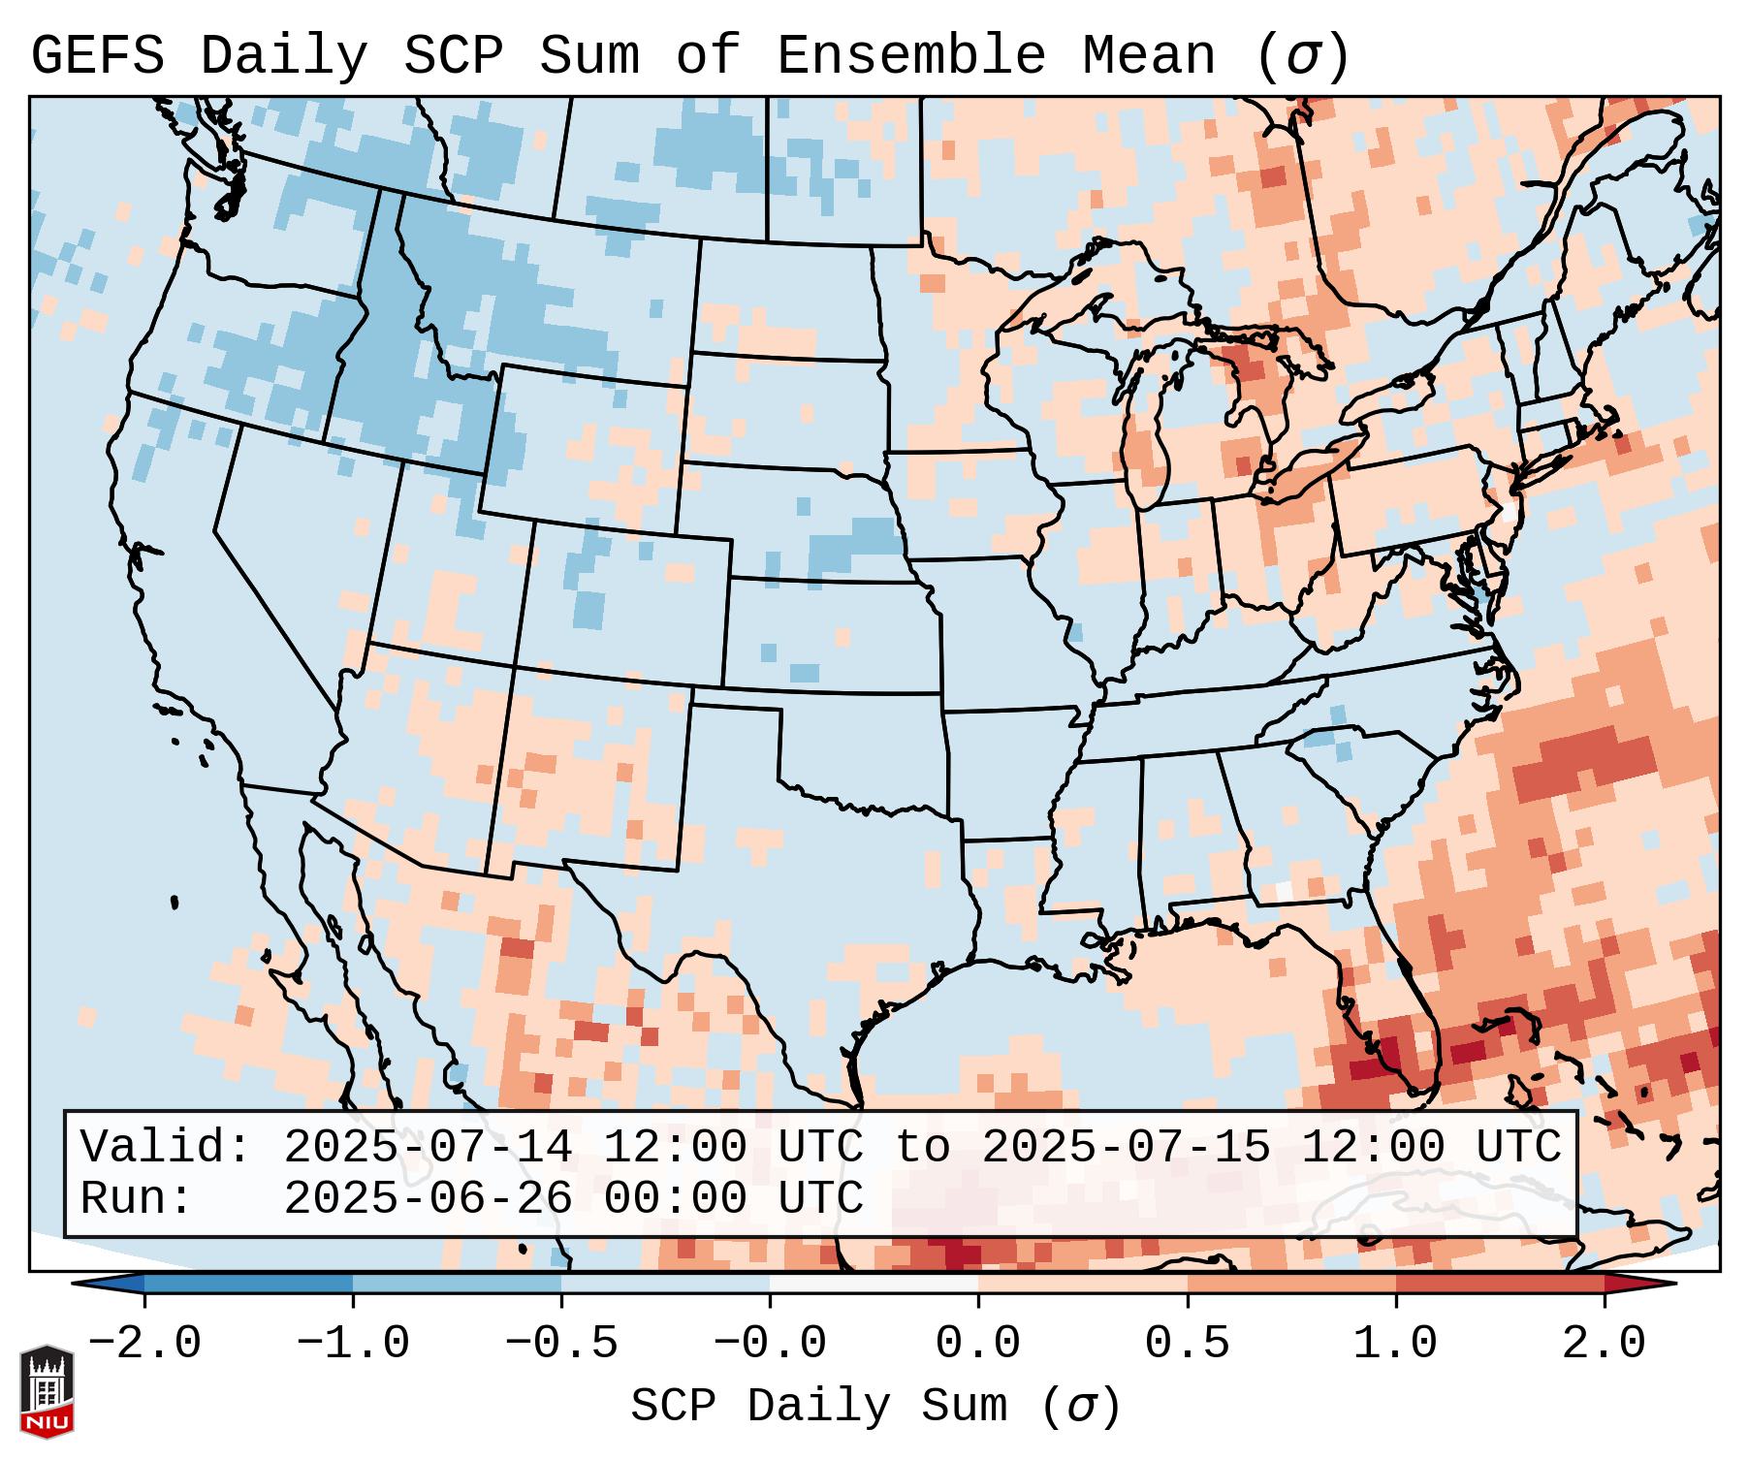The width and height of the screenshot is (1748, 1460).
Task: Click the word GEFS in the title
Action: click(97, 56)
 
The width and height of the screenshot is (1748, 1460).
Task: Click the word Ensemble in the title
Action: click(911, 56)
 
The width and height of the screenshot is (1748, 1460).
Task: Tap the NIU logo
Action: click(47, 1391)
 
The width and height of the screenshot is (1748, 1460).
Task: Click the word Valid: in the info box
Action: click(165, 1148)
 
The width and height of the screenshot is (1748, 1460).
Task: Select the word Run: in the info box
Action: click(137, 1199)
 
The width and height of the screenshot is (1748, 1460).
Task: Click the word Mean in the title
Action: click(1149, 56)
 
